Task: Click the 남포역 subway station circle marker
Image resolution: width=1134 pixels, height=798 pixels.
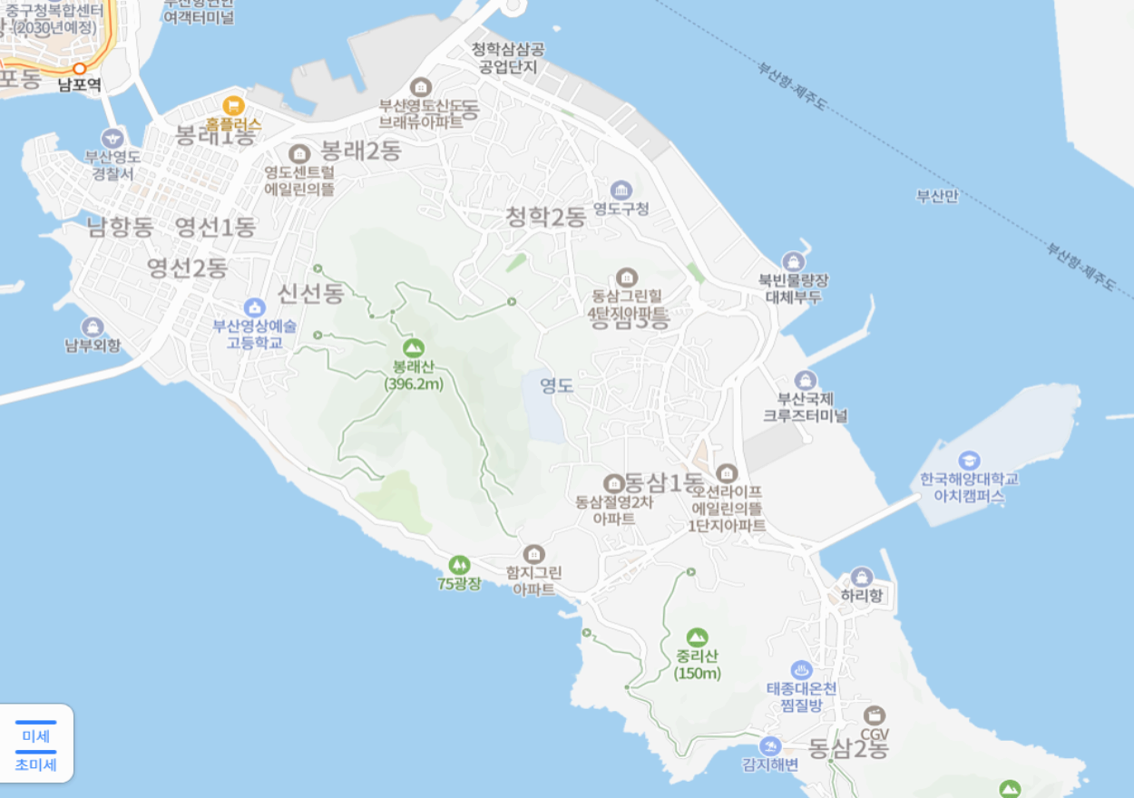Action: [x=80, y=68]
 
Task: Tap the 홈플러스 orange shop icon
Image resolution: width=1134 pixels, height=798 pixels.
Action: [x=233, y=105]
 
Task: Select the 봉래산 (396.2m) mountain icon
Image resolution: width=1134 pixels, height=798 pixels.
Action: [x=413, y=347]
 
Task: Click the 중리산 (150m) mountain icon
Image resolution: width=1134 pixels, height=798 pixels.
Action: [x=697, y=637]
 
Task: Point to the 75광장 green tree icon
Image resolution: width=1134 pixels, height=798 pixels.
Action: [x=459, y=564]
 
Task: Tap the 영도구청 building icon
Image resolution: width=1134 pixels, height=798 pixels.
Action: [x=621, y=190]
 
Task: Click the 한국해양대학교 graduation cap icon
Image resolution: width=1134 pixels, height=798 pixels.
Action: [x=969, y=460]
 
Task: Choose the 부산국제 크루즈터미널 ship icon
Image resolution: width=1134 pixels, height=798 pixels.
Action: [x=805, y=380]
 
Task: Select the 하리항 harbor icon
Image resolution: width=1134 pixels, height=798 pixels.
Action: [x=861, y=577]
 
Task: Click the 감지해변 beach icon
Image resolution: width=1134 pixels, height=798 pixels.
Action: [x=770, y=745]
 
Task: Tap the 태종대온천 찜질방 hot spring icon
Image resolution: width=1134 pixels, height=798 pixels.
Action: [x=801, y=670]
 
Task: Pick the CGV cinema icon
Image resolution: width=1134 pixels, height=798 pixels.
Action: [x=875, y=715]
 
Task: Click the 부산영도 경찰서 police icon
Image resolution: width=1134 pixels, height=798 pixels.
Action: [x=113, y=138]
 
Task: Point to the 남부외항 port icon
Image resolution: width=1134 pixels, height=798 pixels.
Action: [x=92, y=326]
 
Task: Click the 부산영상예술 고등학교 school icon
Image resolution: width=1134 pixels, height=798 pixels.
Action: [x=255, y=307]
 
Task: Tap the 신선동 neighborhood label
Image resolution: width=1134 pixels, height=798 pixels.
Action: [x=311, y=292]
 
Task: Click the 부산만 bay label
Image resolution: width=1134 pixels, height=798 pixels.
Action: [x=937, y=196]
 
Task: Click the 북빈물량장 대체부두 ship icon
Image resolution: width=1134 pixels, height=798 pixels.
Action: [x=794, y=262]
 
